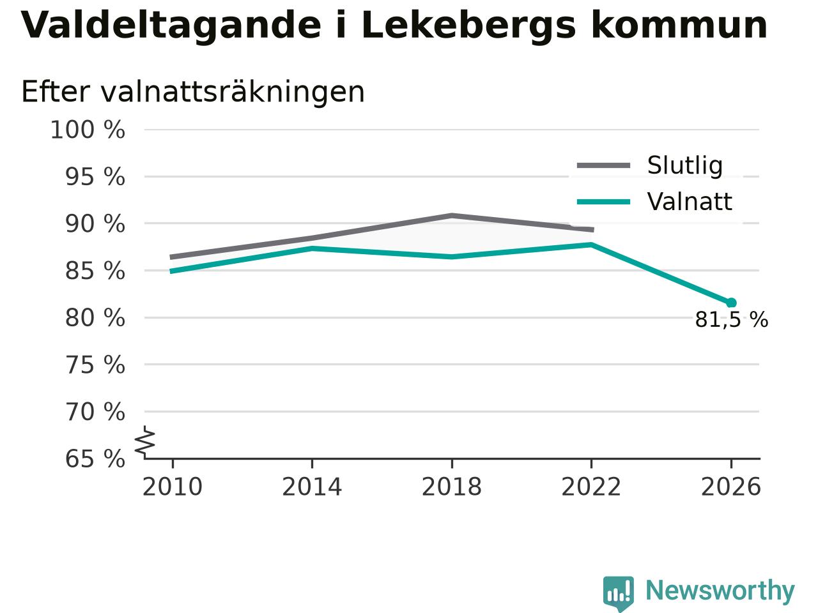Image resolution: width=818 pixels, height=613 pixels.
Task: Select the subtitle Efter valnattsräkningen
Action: pos(192,91)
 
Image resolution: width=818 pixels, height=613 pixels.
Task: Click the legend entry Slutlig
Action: pos(685,165)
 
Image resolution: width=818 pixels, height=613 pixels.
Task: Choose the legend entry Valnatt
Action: pos(690,202)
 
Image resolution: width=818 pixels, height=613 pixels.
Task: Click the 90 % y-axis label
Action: pos(95,223)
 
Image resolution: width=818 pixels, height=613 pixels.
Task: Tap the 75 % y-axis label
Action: pos(95,365)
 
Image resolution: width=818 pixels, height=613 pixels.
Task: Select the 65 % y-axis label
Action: pos(95,458)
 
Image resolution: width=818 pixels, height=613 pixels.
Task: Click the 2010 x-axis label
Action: pos(172,487)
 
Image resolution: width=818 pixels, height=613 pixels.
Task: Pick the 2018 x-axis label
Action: pos(452,487)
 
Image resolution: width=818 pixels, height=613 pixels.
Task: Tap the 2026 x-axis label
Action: pos(731,487)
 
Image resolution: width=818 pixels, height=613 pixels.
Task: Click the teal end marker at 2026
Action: pos(731,303)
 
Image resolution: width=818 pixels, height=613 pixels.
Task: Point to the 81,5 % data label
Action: pos(732,320)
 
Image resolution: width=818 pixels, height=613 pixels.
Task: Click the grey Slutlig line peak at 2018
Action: pos(452,215)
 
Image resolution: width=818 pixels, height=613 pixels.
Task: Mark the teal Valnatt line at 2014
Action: pos(313,248)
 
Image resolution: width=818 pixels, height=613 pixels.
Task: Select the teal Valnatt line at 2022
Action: pos(591,245)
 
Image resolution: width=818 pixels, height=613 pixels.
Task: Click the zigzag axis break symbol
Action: pos(145,441)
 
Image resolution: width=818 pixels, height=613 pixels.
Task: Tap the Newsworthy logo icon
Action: pos(618,593)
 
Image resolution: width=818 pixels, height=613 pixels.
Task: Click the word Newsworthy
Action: pos(720,590)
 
